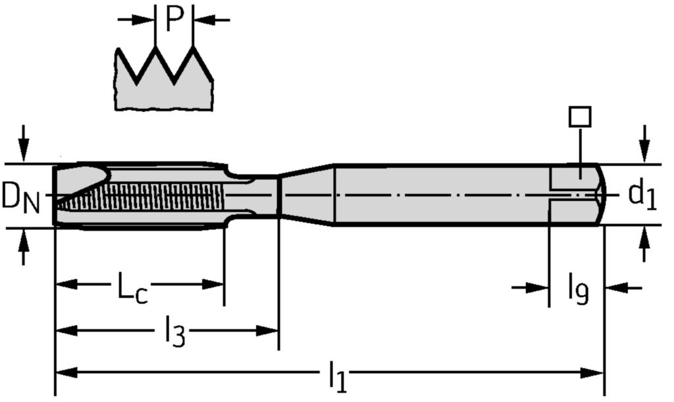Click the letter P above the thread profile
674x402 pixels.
coord(173,19)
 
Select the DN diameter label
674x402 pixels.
coord(20,197)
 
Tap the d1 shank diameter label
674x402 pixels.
coord(642,195)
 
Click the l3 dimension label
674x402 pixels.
coord(175,331)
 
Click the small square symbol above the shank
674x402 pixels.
coord(580,117)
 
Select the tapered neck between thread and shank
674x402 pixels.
coord(306,195)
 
